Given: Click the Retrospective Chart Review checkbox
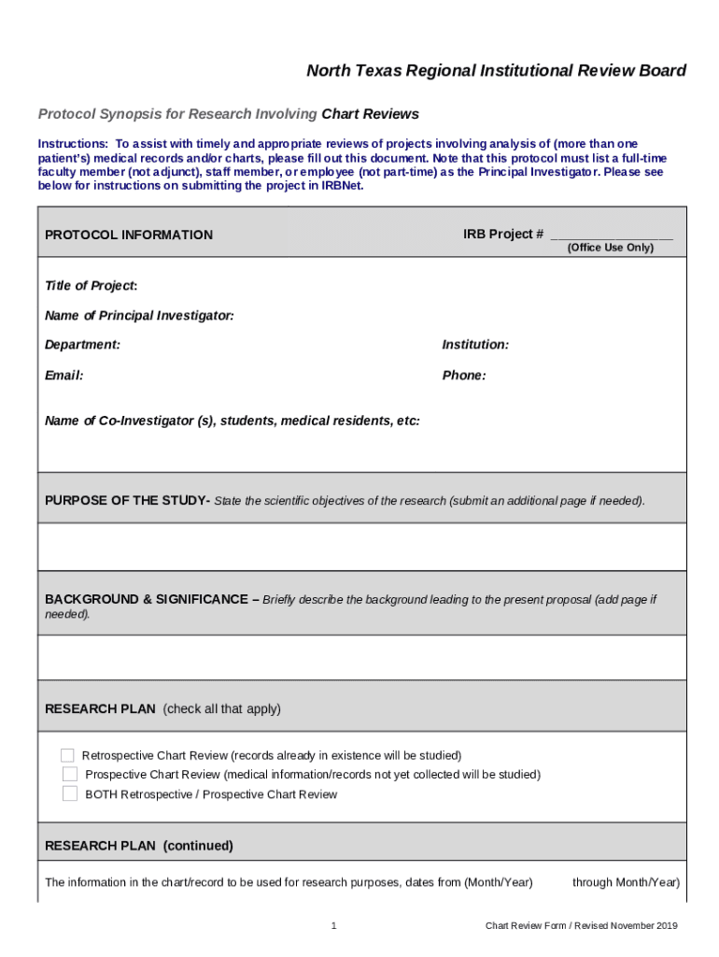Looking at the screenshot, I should tap(67, 755).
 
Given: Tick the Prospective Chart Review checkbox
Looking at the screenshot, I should tap(70, 775).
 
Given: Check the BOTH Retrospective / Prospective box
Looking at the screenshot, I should tap(70, 794).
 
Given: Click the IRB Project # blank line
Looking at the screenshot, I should tap(611, 236).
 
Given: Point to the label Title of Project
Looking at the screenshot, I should tap(91, 286).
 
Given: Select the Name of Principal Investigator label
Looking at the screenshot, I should tap(139, 316).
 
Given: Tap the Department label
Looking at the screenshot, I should tap(82, 345).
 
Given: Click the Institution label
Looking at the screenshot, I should tap(475, 345).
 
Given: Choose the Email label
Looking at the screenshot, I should tap(63, 376).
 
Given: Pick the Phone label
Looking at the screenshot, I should tap(463, 376).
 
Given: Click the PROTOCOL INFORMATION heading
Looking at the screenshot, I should tap(129, 236).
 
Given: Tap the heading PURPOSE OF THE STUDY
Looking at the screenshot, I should tap(127, 501).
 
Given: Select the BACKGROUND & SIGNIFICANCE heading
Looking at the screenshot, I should tap(148, 600).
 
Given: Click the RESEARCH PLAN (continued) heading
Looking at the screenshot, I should tap(139, 847).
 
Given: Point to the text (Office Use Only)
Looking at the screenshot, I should tap(611, 248).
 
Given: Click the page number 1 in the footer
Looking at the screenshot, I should tap(333, 926).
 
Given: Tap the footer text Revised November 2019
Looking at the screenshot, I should tap(626, 926).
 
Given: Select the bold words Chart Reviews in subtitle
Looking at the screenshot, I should tap(370, 115).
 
